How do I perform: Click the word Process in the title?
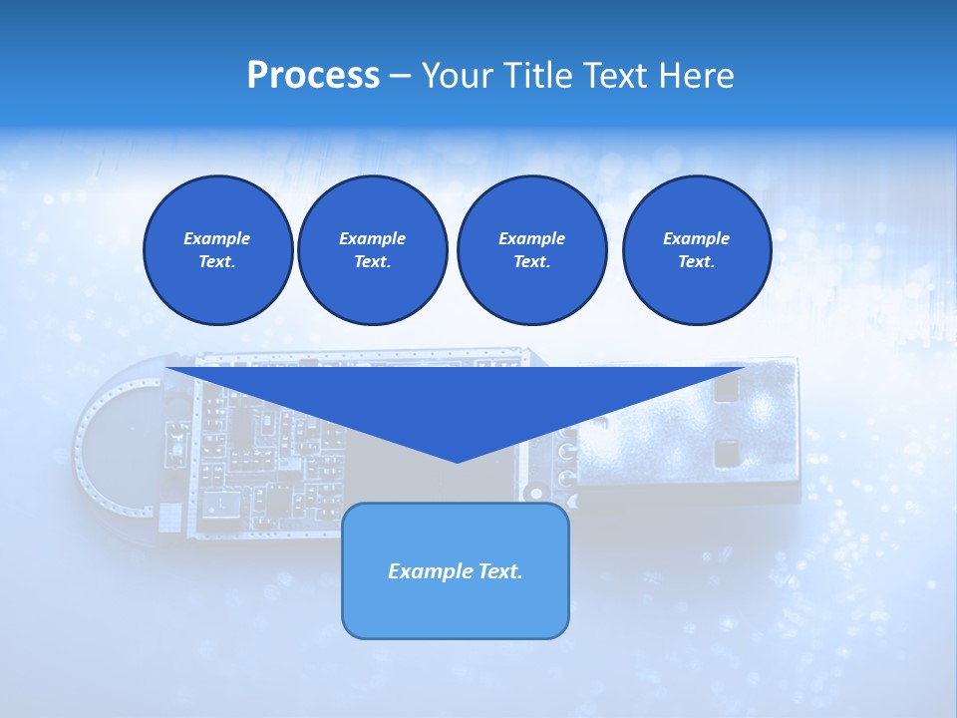313,76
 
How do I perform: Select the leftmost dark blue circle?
217,249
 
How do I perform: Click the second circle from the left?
372,249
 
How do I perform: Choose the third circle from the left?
531,249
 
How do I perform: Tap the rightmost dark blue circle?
696,249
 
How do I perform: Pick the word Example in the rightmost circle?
696,238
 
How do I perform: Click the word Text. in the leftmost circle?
217,261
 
